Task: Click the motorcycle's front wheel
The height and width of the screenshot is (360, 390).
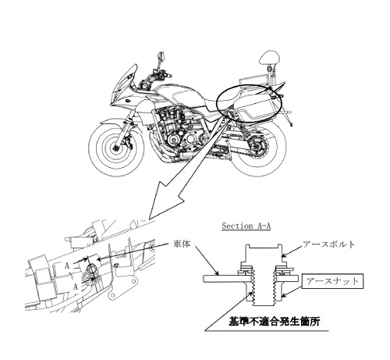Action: click(116, 148)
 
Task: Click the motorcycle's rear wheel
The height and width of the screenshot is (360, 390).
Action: click(257, 148)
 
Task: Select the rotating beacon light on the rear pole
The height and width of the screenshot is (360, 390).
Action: click(269, 58)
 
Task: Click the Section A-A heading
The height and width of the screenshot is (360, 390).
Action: click(246, 226)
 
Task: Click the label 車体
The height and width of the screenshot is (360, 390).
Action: click(182, 244)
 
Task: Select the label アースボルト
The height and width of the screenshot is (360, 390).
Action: click(328, 244)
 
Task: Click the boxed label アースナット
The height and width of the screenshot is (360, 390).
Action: click(332, 281)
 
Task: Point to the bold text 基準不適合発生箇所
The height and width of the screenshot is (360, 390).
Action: click(274, 322)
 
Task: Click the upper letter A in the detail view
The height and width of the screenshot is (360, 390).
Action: click(67, 266)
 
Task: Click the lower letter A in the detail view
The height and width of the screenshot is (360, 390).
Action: click(76, 287)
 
